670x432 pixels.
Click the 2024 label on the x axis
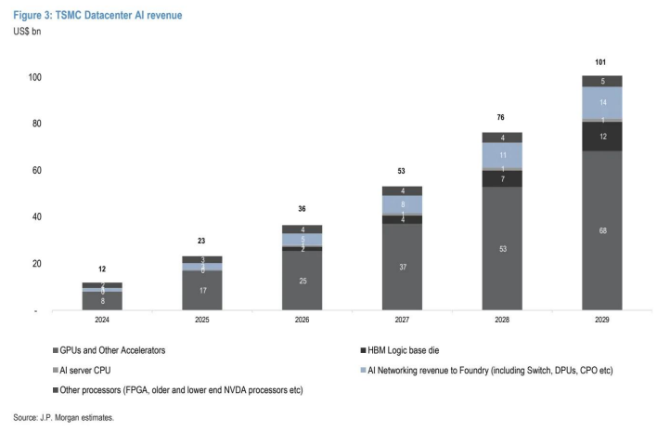101,321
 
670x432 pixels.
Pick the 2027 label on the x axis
402,321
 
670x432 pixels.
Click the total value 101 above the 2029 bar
602,62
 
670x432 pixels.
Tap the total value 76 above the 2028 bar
502,118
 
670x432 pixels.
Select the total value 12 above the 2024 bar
101,268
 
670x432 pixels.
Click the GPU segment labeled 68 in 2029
602,229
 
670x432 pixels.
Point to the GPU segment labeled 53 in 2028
502,248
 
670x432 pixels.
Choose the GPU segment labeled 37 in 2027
402,267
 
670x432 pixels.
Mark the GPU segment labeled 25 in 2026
302,281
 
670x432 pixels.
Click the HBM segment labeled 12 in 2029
602,137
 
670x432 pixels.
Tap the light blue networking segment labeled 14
602,102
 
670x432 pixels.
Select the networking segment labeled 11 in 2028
502,155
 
